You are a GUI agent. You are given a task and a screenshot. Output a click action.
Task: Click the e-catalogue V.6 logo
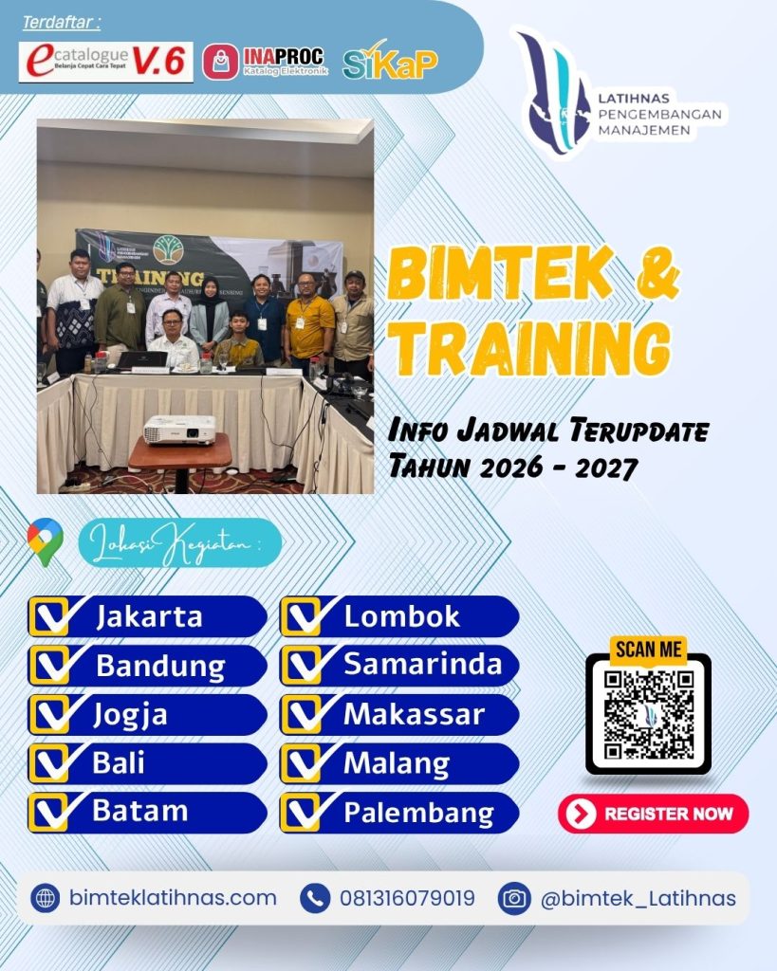tap(105, 62)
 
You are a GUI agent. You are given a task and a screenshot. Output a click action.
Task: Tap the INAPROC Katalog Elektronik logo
tap(265, 62)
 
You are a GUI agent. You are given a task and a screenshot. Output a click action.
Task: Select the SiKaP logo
tap(389, 62)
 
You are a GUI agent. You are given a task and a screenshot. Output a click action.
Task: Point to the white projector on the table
tap(179, 430)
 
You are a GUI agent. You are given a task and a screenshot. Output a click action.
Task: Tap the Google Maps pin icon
tap(45, 542)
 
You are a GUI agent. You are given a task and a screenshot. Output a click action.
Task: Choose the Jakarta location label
tap(149, 616)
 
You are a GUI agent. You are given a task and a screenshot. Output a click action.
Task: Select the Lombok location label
tap(401, 616)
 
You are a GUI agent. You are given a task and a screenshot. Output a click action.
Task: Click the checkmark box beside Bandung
tap(49, 666)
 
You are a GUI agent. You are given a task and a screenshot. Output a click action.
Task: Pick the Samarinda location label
tap(422, 665)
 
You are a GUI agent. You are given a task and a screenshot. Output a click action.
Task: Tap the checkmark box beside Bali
tap(49, 763)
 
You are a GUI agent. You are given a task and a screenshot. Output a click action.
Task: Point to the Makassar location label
tap(414, 714)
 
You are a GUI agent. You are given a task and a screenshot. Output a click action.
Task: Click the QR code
tap(649, 714)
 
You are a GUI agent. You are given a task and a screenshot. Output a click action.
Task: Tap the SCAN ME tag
tap(649, 650)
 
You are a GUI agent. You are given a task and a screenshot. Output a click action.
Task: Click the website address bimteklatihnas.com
tap(173, 898)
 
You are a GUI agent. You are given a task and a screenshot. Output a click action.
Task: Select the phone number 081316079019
tap(407, 898)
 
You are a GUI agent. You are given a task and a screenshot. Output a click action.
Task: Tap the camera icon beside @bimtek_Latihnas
tap(514, 898)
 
